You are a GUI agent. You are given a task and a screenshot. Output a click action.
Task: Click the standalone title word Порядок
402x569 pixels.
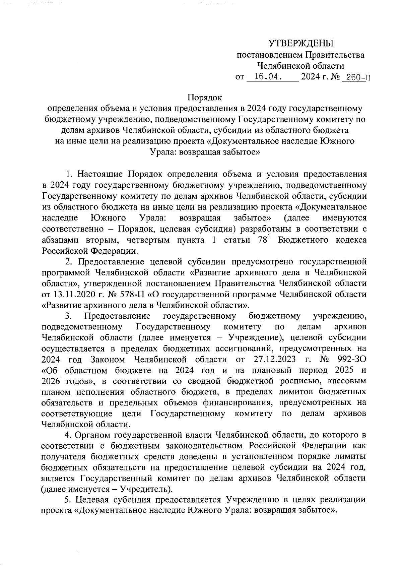[205, 98]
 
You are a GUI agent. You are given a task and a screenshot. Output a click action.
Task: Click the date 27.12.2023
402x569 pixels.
[273, 360]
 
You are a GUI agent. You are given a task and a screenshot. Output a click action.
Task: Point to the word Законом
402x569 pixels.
[108, 360]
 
